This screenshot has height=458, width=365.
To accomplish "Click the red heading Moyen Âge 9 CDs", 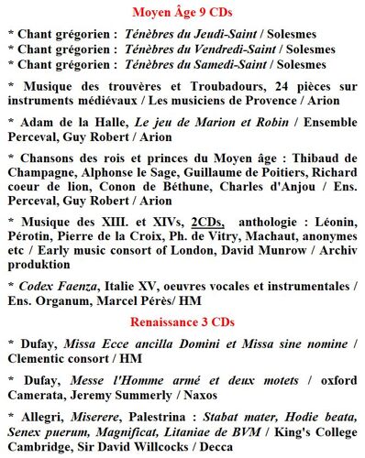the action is point(182,12).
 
